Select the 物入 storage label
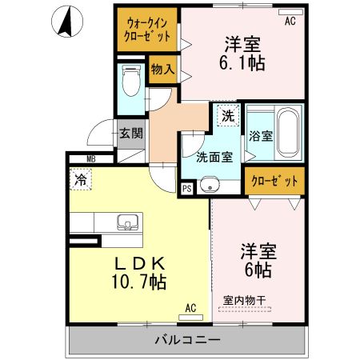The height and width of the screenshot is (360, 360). [162, 69]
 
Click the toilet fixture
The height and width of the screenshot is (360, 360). [130, 80]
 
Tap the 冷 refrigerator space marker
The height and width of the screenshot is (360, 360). [80, 182]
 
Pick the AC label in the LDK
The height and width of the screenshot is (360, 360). [190, 306]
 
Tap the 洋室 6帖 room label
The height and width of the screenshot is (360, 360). [257, 261]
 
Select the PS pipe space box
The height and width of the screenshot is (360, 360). [186, 190]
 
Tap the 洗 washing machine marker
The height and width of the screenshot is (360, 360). [228, 114]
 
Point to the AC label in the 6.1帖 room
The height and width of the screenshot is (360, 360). [290, 22]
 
